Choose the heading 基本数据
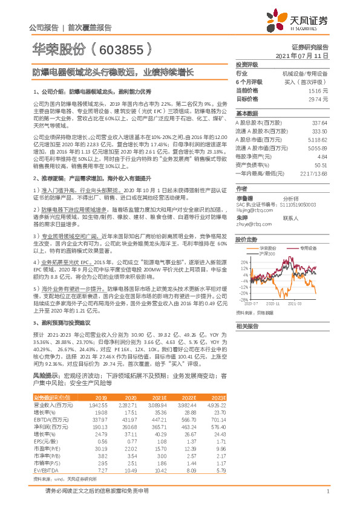pyautogui.click(x=246, y=114)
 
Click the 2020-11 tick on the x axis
pyautogui.click(x=272, y=304)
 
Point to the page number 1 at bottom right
pyautogui.click(x=327, y=491)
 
